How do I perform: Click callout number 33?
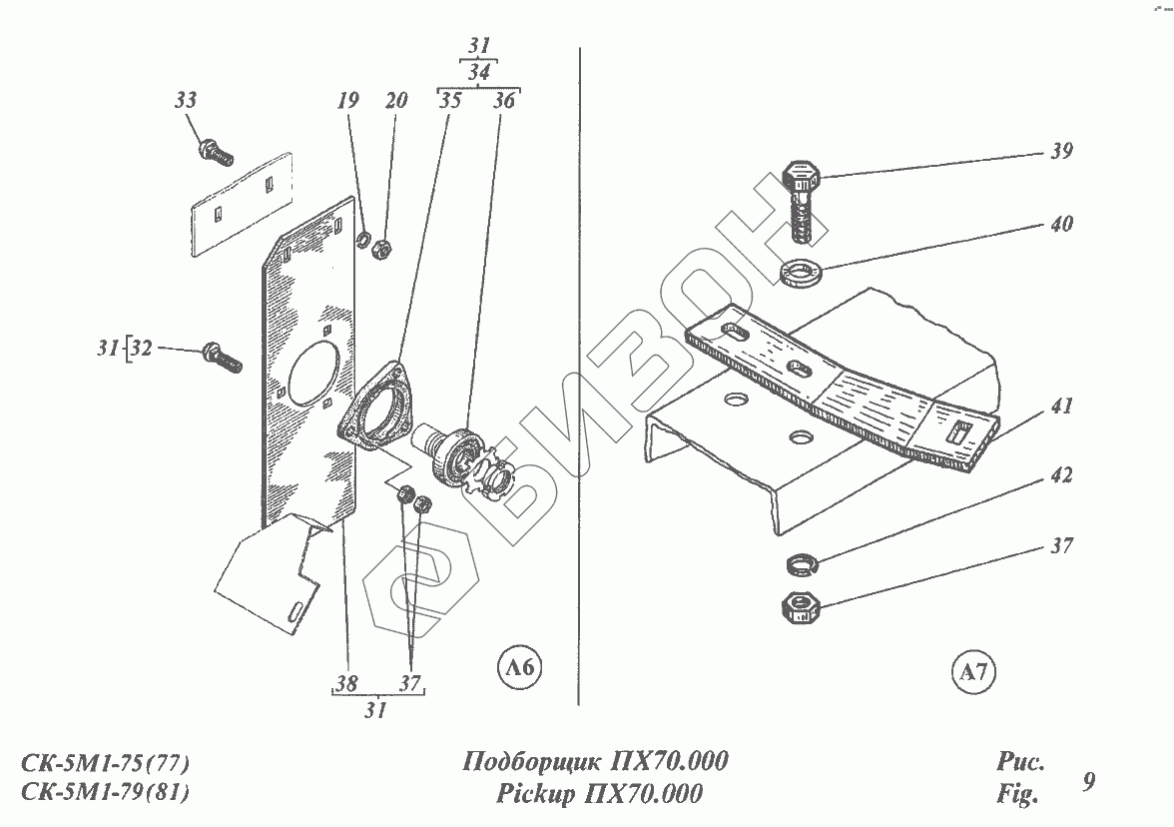[x=185, y=101]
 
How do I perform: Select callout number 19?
[x=346, y=100]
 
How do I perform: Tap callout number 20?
[x=396, y=100]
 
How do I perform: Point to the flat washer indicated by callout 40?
[x=799, y=270]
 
